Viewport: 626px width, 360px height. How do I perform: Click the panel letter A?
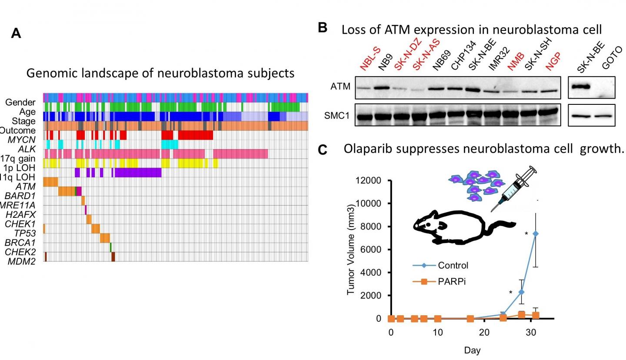[x=16, y=33]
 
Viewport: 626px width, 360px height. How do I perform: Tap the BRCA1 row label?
[x=20, y=243]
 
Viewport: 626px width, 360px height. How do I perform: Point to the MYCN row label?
[x=22, y=140]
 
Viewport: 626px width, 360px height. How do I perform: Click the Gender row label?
[x=20, y=103]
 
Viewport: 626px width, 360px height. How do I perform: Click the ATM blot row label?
[x=340, y=87]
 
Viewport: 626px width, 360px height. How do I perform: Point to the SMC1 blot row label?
[x=337, y=116]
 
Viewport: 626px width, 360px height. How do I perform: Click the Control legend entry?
[x=453, y=265]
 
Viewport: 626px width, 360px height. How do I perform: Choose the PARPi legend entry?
[x=452, y=282]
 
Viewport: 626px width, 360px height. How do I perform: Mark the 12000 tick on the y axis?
[x=369, y=180]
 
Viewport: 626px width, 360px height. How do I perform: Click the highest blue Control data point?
[x=536, y=234]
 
